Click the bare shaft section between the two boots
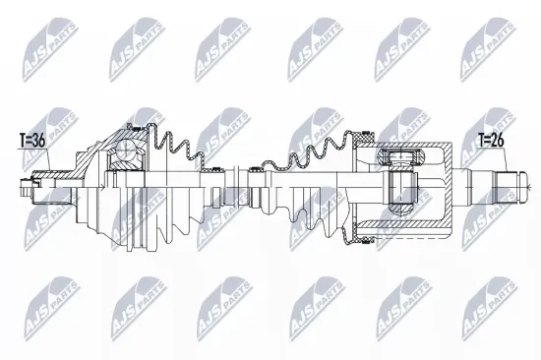(x=241, y=183)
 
